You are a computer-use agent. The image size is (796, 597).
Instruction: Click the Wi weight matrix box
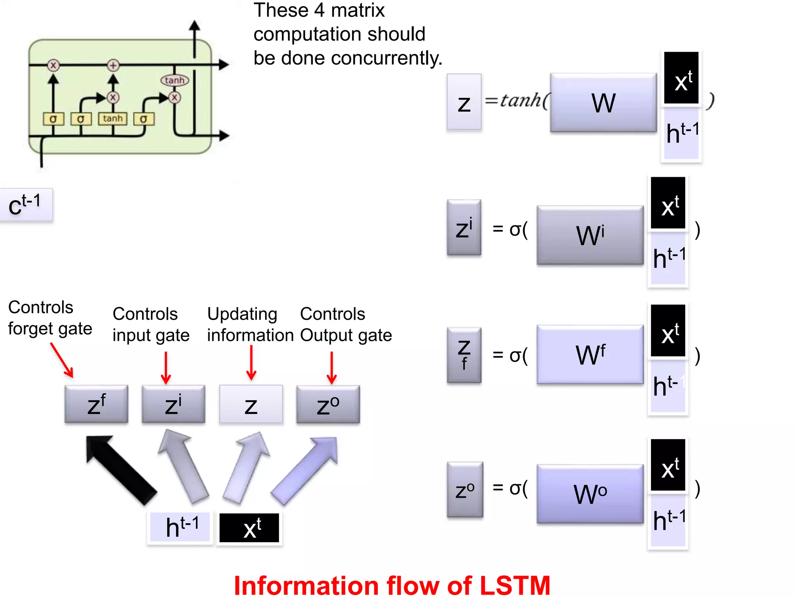point(590,235)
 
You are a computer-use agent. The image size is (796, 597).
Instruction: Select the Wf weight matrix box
point(590,354)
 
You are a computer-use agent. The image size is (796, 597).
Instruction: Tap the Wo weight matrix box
point(590,494)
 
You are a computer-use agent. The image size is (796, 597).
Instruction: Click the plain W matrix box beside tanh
point(603,103)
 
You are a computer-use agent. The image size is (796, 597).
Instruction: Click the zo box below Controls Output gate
point(328,405)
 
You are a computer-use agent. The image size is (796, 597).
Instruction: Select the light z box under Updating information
point(251,405)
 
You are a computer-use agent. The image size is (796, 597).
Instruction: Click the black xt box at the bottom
point(249,528)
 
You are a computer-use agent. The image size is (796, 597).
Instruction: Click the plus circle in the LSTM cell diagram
point(113,65)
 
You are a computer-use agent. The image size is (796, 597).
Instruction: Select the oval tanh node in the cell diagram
point(175,80)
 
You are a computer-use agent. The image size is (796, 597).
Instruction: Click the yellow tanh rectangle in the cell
point(113,119)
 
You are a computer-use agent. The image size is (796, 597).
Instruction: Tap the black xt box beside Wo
point(668,465)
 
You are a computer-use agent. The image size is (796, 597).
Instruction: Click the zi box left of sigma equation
point(464,228)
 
